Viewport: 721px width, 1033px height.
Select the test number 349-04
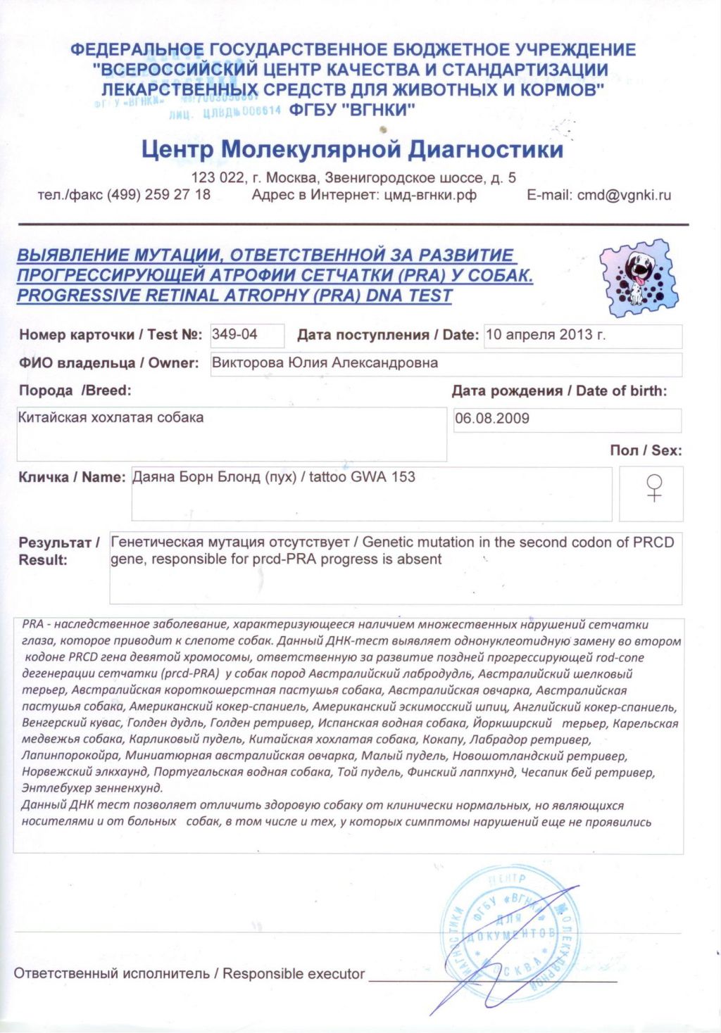(234, 335)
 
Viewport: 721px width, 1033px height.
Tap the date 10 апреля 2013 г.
(546, 335)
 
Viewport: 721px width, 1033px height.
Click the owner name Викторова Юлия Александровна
(325, 363)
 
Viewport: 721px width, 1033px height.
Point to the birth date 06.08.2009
(492, 419)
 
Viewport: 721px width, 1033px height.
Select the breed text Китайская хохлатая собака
(111, 417)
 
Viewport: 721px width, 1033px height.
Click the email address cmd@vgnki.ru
(624, 196)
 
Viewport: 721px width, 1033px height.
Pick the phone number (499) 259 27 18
(158, 195)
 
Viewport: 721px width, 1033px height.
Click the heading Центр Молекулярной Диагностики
(352, 149)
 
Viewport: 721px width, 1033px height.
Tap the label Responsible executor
(294, 974)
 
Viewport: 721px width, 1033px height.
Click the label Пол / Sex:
(646, 450)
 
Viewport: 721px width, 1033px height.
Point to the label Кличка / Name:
(72, 477)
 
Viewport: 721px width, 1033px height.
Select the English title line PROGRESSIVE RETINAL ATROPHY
(234, 296)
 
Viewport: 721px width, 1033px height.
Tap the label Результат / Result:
(58, 551)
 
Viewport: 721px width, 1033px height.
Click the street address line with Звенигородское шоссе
(353, 178)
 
